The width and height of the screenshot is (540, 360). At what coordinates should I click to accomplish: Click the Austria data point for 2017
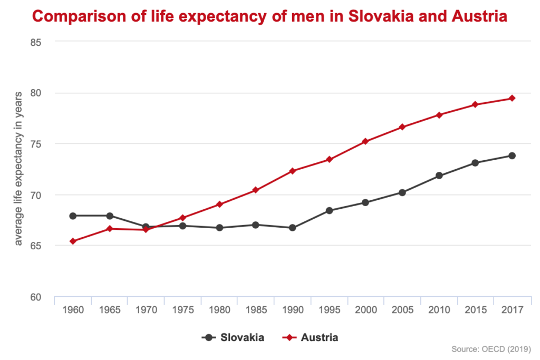[512, 98]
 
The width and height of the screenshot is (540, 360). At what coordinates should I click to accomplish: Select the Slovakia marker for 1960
[73, 216]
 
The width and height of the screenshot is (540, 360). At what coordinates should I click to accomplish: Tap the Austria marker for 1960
[73, 241]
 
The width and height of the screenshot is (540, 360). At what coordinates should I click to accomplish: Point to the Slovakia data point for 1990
[293, 228]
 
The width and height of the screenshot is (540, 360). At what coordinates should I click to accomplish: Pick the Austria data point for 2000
[365, 141]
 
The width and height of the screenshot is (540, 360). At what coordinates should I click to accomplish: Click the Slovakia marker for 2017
[512, 155]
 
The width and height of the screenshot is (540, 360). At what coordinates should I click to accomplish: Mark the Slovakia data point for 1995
[329, 210]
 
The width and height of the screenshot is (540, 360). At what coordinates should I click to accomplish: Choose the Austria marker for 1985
[256, 190]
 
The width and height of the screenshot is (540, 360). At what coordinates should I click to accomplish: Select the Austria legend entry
[312, 337]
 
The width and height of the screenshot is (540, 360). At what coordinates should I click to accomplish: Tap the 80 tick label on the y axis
[35, 93]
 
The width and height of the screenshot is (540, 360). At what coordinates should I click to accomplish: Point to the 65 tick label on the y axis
[35, 246]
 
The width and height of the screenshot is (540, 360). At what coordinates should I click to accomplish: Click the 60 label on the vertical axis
[35, 297]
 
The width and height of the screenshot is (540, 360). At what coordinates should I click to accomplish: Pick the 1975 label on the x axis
[182, 310]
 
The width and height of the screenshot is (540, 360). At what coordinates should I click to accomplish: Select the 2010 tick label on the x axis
[439, 310]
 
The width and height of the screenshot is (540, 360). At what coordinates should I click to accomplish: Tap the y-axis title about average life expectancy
[19, 169]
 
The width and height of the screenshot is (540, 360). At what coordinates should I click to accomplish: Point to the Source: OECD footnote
[490, 349]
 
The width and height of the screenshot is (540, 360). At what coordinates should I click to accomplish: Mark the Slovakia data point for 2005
[402, 192]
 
